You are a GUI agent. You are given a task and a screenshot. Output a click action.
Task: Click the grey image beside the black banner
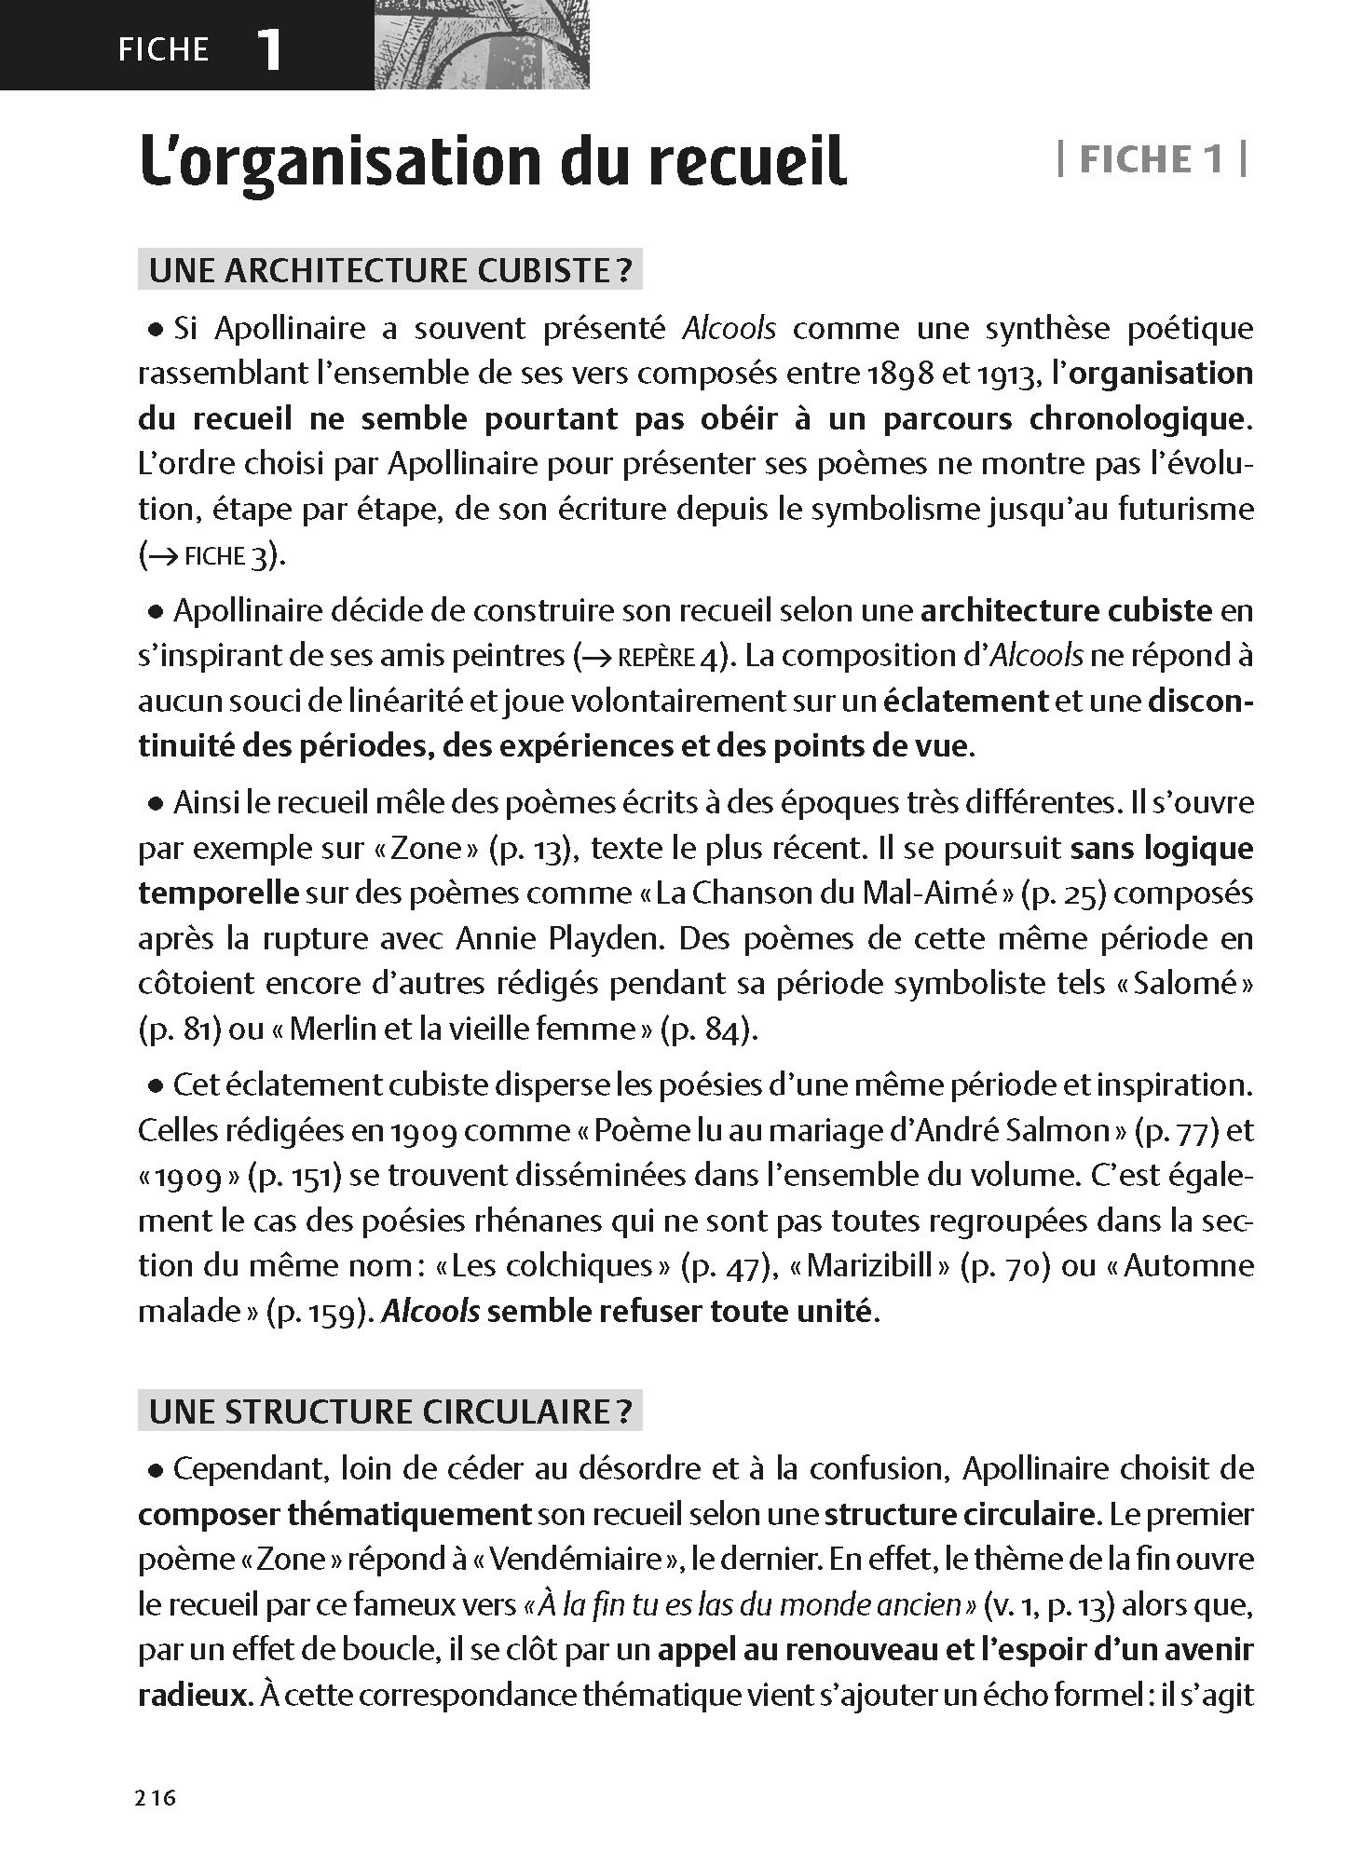[x=481, y=44]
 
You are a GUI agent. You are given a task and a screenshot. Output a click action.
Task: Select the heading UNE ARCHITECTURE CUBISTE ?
[x=390, y=270]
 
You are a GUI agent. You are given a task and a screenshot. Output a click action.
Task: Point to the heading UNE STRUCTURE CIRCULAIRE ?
[x=390, y=1411]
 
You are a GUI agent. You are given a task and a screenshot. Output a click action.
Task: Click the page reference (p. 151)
[x=292, y=1176]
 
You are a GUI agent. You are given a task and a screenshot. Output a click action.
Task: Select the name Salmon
[x=1057, y=1130]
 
